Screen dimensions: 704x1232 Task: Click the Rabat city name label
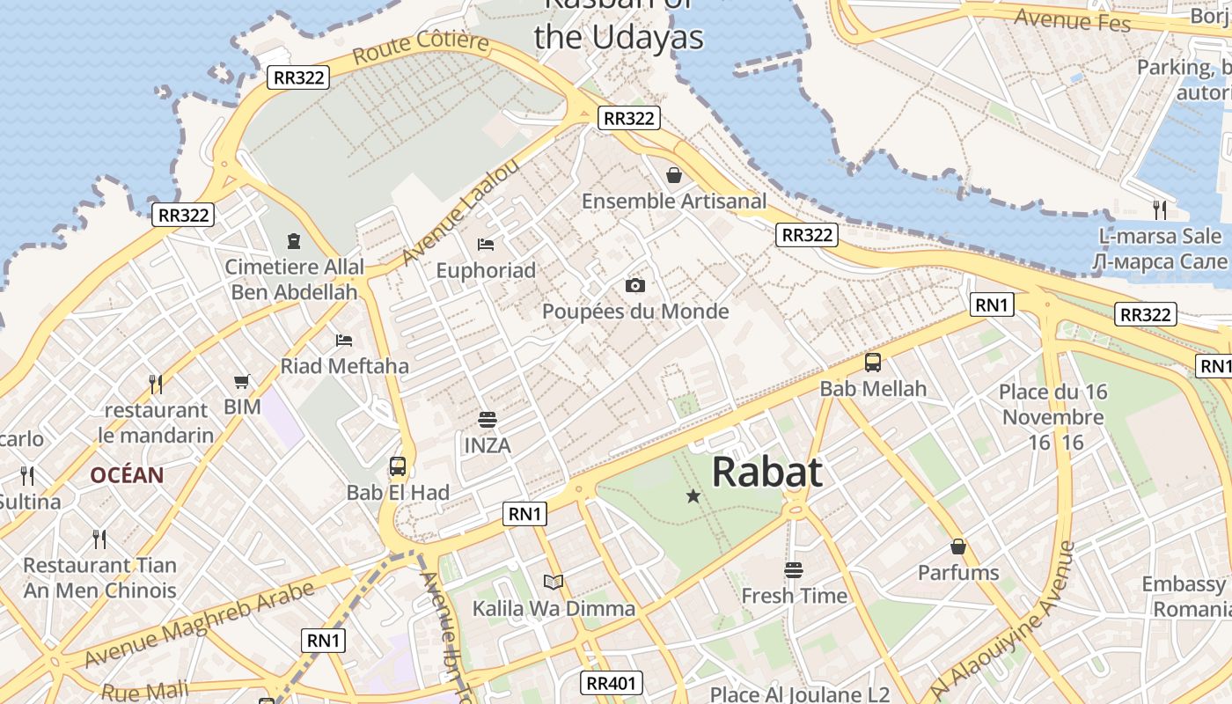(x=766, y=472)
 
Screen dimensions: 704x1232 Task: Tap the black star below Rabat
(x=693, y=497)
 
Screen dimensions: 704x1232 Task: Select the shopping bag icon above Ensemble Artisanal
(x=674, y=175)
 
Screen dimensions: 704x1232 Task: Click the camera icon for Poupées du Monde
(x=634, y=285)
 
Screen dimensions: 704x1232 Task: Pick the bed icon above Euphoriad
(x=486, y=244)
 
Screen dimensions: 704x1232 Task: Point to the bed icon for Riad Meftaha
(x=344, y=340)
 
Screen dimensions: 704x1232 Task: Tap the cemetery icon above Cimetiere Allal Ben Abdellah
(x=293, y=240)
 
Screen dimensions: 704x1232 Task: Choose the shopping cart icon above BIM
(x=242, y=381)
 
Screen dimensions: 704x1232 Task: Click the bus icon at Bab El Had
(x=398, y=466)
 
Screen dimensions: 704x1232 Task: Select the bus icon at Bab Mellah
(x=873, y=362)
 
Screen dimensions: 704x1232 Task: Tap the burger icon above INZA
(x=487, y=419)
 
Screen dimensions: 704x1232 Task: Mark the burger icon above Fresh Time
(x=794, y=570)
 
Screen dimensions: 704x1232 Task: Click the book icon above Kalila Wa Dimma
(x=554, y=582)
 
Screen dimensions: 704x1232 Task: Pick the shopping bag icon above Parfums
(x=958, y=546)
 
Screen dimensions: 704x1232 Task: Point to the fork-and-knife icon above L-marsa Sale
(x=1160, y=209)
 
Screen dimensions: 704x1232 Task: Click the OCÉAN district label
(x=127, y=475)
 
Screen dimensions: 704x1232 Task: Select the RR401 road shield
(x=612, y=682)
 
